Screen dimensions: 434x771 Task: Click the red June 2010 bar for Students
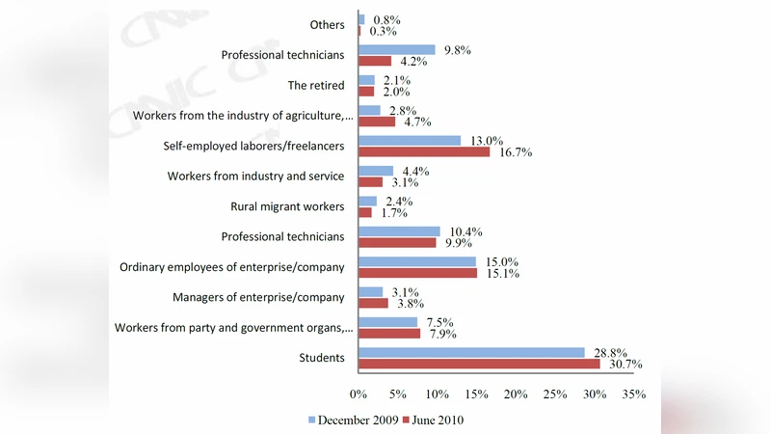point(479,364)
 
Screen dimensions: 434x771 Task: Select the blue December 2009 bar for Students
point(471,352)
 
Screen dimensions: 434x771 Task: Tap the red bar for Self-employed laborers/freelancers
point(424,151)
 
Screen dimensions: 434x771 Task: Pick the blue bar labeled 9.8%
point(396,49)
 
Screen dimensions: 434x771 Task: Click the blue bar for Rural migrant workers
point(367,201)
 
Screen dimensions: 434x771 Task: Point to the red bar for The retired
point(366,91)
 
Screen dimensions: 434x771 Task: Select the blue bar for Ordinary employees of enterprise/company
point(417,261)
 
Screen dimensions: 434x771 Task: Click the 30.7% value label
point(624,365)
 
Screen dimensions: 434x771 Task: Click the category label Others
point(328,25)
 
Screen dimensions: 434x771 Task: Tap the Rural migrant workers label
point(287,205)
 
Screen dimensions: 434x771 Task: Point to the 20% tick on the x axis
point(515,394)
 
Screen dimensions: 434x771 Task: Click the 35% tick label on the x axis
point(632,394)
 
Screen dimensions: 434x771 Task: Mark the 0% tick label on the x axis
point(358,394)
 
